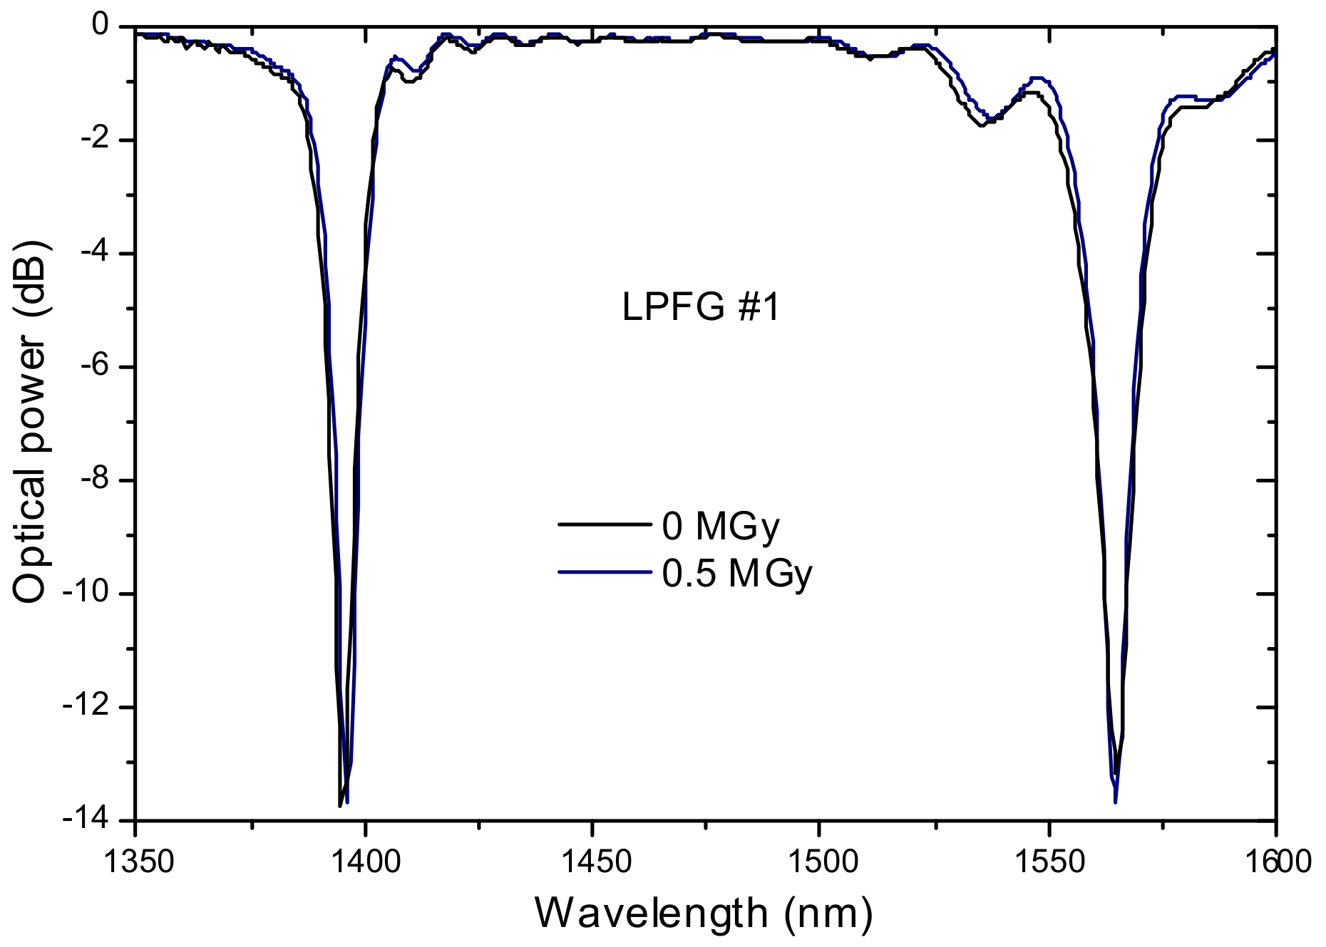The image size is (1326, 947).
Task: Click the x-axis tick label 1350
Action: coord(135,862)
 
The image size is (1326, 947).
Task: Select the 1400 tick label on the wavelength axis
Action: coord(364,862)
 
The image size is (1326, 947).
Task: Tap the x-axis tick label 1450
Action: coord(592,862)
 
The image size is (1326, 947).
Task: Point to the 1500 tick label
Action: coord(820,862)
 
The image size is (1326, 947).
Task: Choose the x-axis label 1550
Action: coord(1049,862)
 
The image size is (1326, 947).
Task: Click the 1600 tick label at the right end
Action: coord(1275,862)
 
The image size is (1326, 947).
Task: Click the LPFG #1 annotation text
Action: coord(701,309)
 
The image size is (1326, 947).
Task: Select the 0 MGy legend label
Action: coord(721,527)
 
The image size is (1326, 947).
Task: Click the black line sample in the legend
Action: coord(604,524)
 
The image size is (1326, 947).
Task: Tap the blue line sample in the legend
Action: coord(604,571)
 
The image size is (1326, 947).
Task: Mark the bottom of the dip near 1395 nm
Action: coord(341,804)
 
